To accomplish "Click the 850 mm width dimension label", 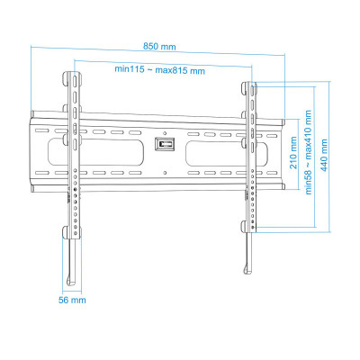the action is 159,47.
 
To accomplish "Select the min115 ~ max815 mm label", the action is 160,70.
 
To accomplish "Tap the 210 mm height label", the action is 293,153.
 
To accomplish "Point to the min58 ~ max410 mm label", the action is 309,152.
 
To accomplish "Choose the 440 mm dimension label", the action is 324,155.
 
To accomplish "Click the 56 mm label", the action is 72,300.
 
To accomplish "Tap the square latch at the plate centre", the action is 165,144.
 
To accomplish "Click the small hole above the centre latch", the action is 165,133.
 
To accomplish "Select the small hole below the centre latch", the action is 165,173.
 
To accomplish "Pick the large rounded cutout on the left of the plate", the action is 95,152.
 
